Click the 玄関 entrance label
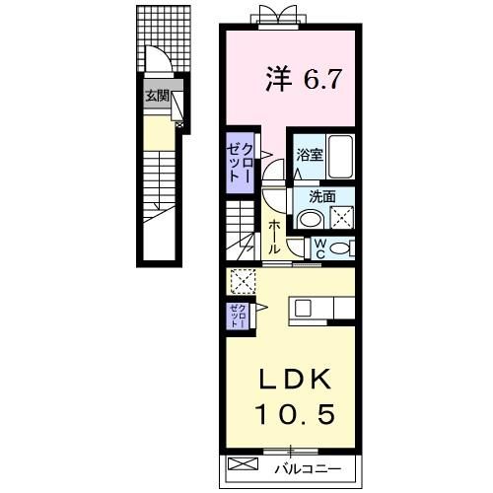[x=157, y=96]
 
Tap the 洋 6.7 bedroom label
[x=304, y=79]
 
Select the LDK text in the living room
[x=295, y=380]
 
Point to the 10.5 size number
[x=296, y=414]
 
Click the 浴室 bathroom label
[x=310, y=155]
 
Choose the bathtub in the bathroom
[x=341, y=157]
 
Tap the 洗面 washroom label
[x=322, y=196]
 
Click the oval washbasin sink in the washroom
[x=311, y=219]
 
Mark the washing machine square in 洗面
[x=342, y=217]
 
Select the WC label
[x=320, y=248]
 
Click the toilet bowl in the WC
[x=339, y=248]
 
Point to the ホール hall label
[x=274, y=238]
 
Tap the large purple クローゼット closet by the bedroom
[x=240, y=163]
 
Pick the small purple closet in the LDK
[x=238, y=316]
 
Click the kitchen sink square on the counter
[x=303, y=309]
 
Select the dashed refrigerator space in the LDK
[x=244, y=281]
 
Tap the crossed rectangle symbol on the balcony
[x=244, y=464]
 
